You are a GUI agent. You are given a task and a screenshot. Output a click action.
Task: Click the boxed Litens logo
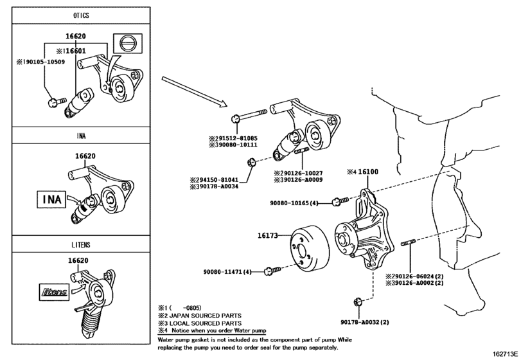(x=55, y=292)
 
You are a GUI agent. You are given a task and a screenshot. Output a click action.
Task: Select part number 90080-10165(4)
(x=293, y=203)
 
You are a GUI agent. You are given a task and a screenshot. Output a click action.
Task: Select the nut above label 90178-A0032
(x=358, y=301)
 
